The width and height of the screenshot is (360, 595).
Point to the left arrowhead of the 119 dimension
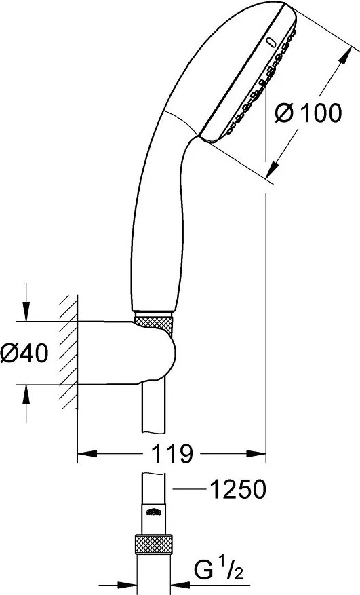click(83, 453)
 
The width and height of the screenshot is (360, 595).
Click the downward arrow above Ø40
click(26, 313)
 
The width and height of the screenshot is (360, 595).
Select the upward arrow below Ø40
click(26, 391)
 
